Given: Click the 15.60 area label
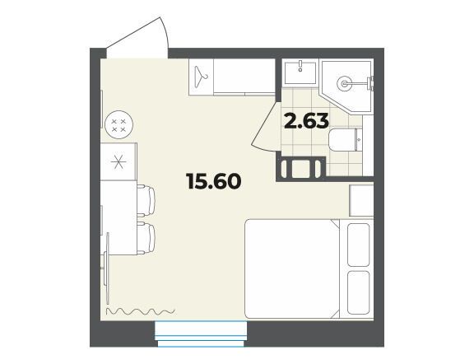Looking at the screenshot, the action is tap(214, 181).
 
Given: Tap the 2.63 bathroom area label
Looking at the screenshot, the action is tap(306, 120).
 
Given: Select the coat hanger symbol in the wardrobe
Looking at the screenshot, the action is tap(201, 77).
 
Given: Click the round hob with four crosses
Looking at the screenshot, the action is tap(118, 124).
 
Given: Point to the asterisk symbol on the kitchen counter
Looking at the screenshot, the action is tap(118, 162).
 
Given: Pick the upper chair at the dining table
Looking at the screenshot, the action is tap(146, 201).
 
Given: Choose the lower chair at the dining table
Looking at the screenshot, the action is tap(146, 238).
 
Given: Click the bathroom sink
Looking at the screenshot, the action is tap(300, 72).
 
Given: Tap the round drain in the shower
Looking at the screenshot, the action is tap(344, 83).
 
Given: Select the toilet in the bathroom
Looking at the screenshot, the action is tap(345, 140).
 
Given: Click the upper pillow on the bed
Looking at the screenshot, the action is tap(359, 245).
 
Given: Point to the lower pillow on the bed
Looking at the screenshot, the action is tap(359, 292).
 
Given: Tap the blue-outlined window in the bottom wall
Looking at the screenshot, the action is tap(201, 334).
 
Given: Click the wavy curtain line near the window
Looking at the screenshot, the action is tap(141, 310).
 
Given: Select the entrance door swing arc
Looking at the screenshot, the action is tap(165, 35).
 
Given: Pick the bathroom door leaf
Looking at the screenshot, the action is tap(264, 125).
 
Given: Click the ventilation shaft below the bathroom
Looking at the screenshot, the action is tap(300, 169).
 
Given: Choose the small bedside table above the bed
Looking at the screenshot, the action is tap(361, 200).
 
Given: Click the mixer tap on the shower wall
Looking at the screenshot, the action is tap(369, 83).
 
